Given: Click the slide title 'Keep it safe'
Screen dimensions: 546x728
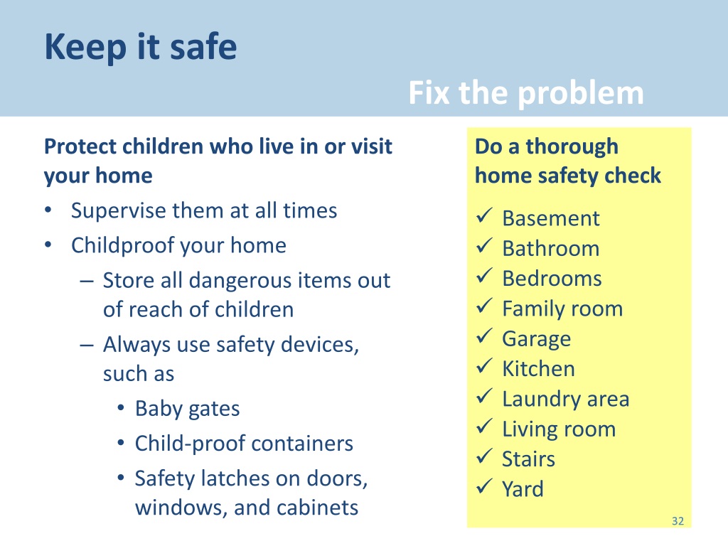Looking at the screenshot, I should pyautogui.click(x=140, y=48).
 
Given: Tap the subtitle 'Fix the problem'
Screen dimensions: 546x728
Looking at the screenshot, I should pyautogui.click(x=526, y=94).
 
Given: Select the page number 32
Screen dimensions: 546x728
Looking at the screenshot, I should pyautogui.click(x=677, y=522).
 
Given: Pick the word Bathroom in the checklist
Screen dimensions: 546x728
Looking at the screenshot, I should pyautogui.click(x=550, y=249).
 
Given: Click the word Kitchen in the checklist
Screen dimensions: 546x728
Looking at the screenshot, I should pyautogui.click(x=538, y=369).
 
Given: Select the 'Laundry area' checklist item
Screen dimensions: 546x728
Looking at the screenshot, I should pyautogui.click(x=565, y=399).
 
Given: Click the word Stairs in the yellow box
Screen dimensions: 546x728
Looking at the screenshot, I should pyautogui.click(x=528, y=459).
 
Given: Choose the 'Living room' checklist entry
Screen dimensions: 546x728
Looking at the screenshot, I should pyautogui.click(x=558, y=429).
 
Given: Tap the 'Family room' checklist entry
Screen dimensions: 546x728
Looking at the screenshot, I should pyautogui.click(x=562, y=309).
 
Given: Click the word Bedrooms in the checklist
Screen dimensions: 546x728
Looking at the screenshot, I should pyautogui.click(x=552, y=279).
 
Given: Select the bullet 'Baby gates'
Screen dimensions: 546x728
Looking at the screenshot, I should pyautogui.click(x=187, y=409).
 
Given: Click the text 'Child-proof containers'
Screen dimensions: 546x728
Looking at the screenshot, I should pyautogui.click(x=244, y=444).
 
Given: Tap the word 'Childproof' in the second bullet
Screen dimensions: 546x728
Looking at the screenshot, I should pyautogui.click(x=123, y=246).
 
